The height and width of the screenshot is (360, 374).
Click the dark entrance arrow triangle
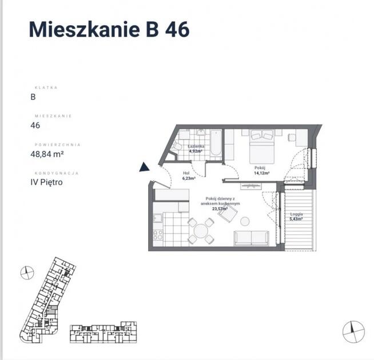pos(144,167)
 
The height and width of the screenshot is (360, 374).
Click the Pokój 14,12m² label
pos(261,170)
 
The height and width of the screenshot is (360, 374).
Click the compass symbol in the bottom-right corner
pos(354,330)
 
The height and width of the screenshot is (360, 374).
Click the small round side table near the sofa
pos(245,221)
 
